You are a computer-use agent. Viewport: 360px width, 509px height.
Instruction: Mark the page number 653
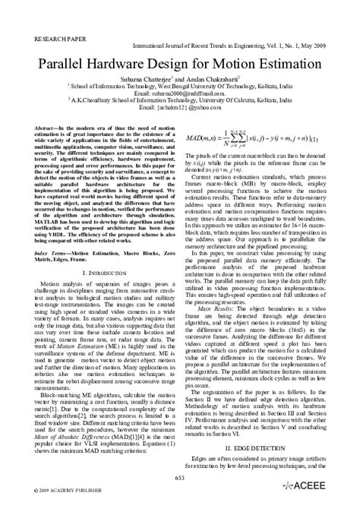180,478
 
